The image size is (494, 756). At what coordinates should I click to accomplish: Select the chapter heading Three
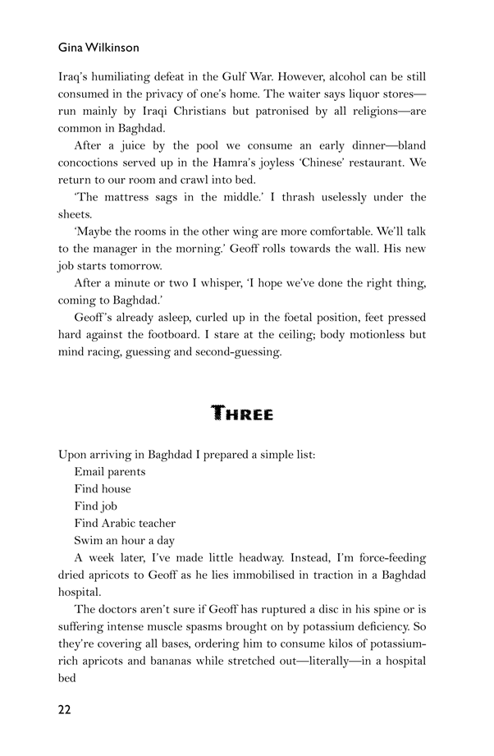242,413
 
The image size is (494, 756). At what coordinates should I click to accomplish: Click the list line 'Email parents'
110,471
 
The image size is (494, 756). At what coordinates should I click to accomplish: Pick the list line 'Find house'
103,488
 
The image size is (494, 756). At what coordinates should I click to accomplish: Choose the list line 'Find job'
97,506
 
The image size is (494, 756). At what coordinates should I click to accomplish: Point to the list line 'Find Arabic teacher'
125,523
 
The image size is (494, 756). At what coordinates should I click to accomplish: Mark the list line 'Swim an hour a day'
124,540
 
